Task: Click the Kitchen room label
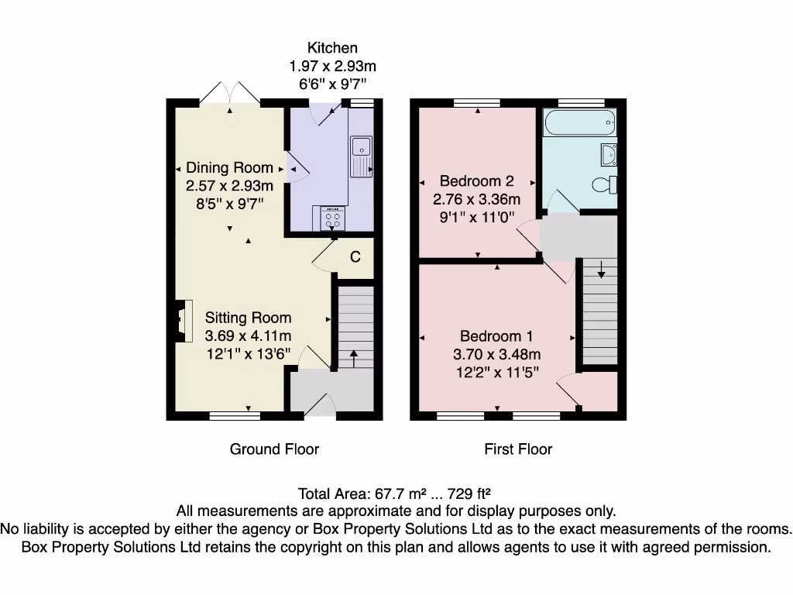[x=332, y=48]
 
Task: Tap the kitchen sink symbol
[x=361, y=155]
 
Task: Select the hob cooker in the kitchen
[x=332, y=218]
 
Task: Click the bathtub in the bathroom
[x=579, y=122]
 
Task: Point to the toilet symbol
[x=604, y=184]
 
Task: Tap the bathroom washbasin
[x=609, y=155]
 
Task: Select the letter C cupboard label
[x=355, y=257]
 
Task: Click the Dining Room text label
[x=229, y=167]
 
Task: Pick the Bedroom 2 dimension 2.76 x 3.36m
[x=476, y=200]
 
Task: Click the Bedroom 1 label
[x=496, y=336]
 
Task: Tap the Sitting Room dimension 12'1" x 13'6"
[x=248, y=355]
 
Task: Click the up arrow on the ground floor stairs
[x=354, y=358]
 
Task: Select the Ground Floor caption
[x=274, y=449]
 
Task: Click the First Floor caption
[x=518, y=449]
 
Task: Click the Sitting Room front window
[x=235, y=415]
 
